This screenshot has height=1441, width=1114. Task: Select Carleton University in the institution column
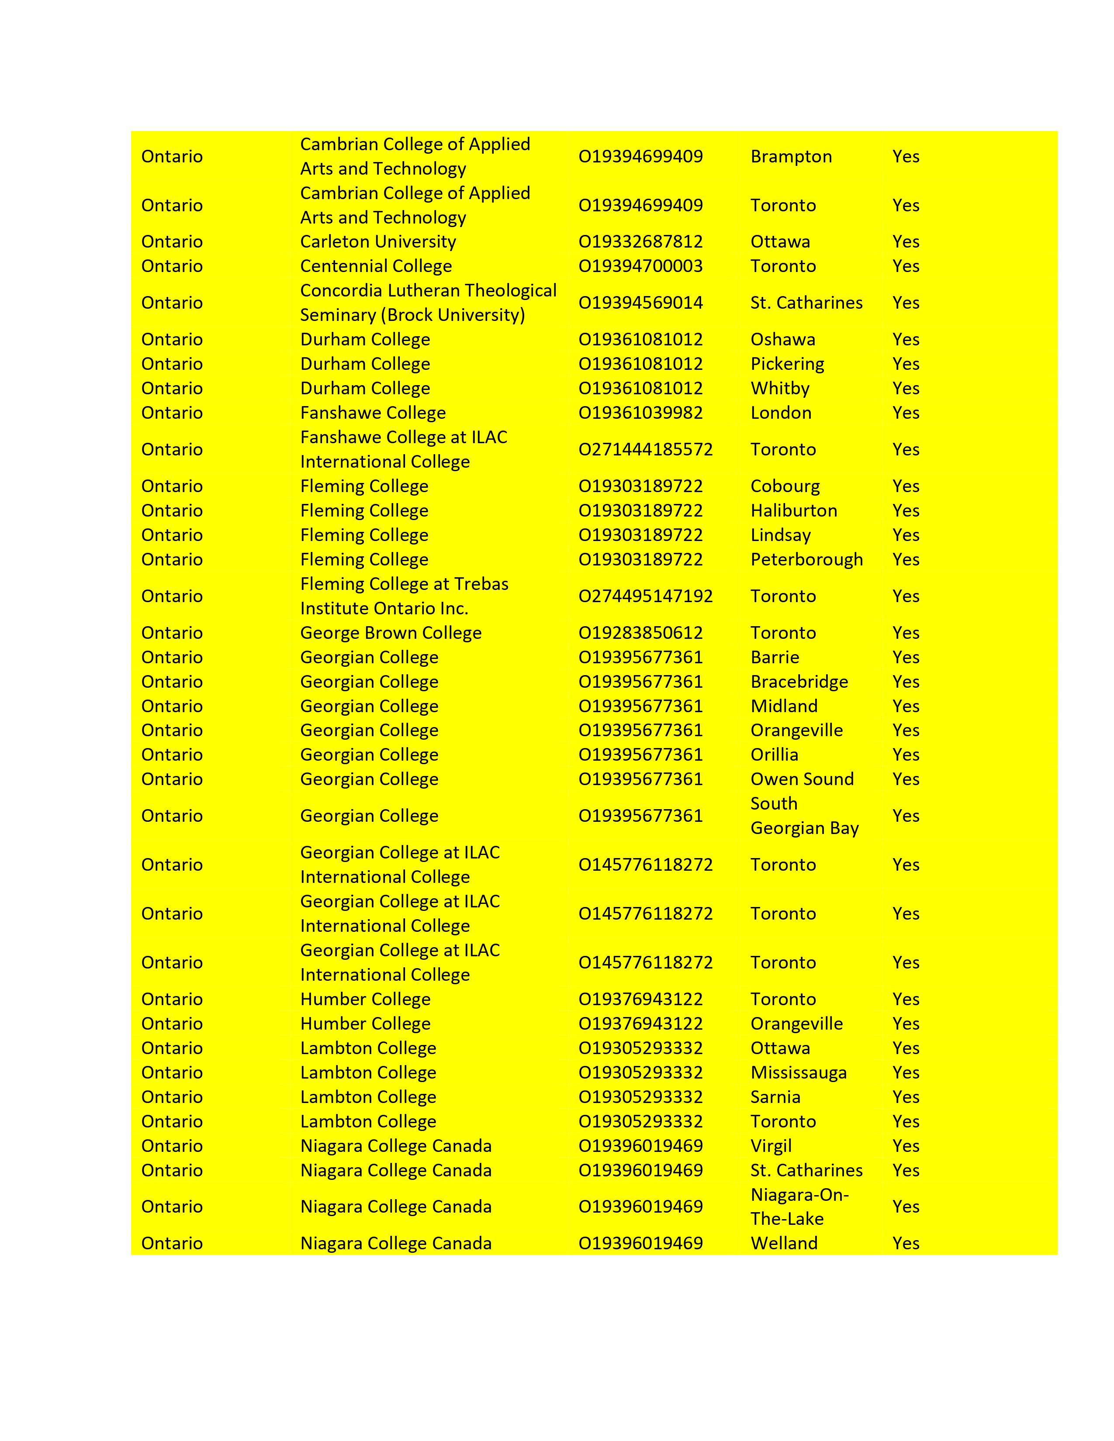pyautogui.click(x=377, y=241)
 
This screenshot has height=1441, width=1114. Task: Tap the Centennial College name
pyautogui.click(x=376, y=266)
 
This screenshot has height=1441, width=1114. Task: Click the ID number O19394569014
pyautogui.click(x=640, y=303)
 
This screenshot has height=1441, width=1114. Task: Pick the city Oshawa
pyautogui.click(x=783, y=339)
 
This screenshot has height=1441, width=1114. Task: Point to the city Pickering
pyautogui.click(x=787, y=364)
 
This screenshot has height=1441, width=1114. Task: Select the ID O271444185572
pyautogui.click(x=645, y=449)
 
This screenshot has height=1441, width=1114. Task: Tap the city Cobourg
pyautogui.click(x=785, y=486)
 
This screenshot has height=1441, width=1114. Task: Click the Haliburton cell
pyautogui.click(x=793, y=511)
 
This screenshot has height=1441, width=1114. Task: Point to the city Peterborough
pyautogui.click(x=806, y=559)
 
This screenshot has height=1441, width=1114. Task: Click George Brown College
pyautogui.click(x=391, y=633)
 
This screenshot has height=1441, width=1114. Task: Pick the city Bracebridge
pyautogui.click(x=799, y=682)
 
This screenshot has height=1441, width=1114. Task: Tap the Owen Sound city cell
pyautogui.click(x=802, y=779)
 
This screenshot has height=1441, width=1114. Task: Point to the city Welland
pyautogui.click(x=784, y=1243)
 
